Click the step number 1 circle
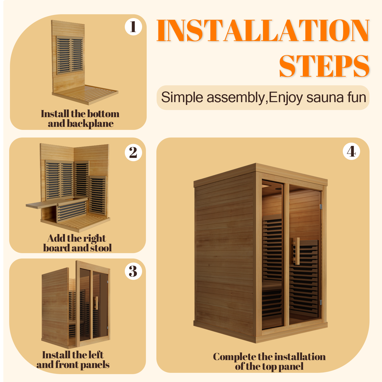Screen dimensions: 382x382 (x=133, y=27)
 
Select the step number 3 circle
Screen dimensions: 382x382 (x=133, y=271)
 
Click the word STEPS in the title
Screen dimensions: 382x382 (x=324, y=66)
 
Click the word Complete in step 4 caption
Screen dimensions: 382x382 (x=234, y=357)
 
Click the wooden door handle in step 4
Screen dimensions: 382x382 (x=297, y=251)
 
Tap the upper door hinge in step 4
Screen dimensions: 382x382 (x=321, y=206)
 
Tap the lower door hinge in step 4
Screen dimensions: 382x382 (x=321, y=302)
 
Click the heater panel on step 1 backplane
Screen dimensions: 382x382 (x=70, y=55)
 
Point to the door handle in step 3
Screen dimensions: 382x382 (x=96, y=303)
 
